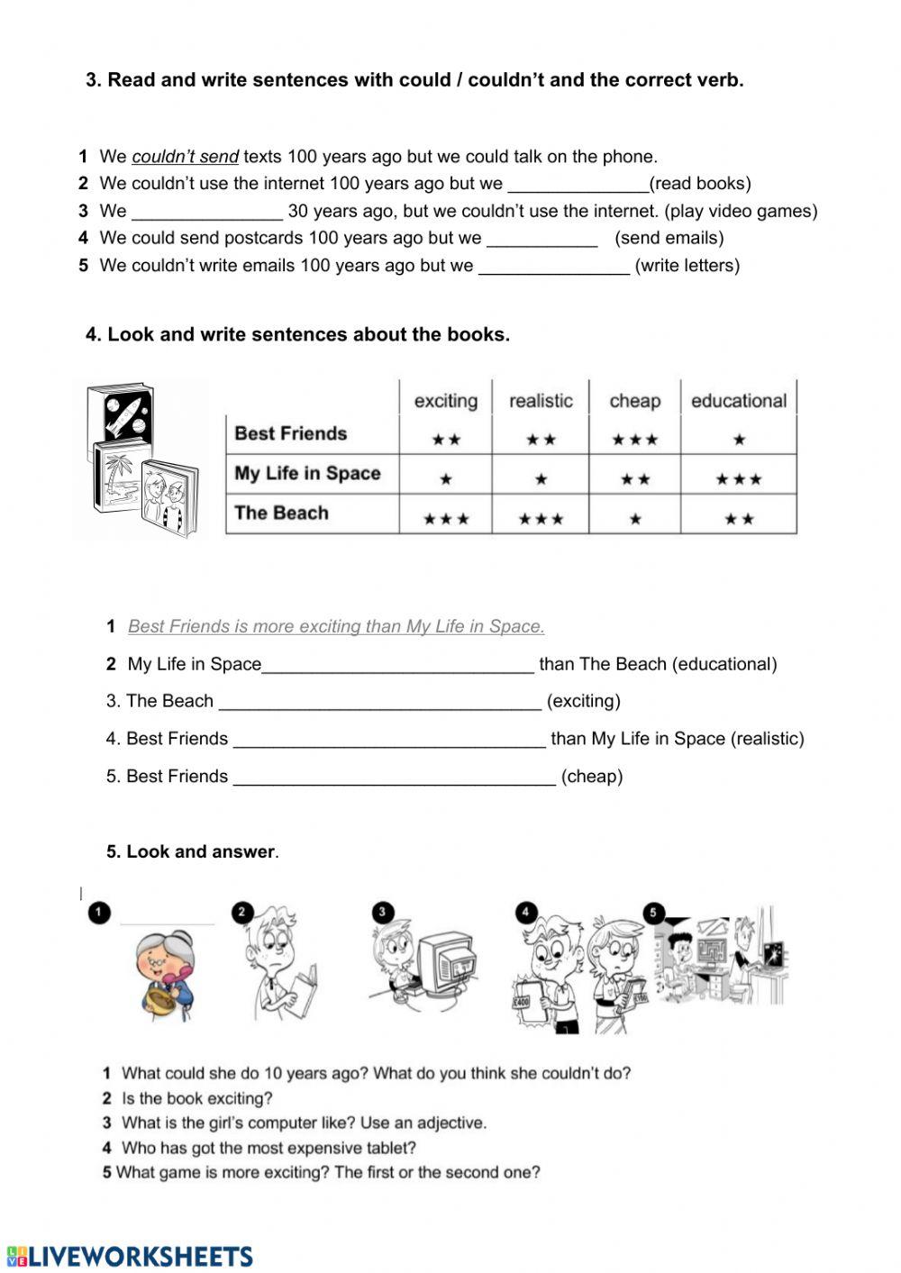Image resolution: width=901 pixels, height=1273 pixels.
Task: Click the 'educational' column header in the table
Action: point(738,401)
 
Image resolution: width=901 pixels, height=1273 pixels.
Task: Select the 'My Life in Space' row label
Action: point(307,474)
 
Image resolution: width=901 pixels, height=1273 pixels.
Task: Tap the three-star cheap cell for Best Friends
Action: point(634,440)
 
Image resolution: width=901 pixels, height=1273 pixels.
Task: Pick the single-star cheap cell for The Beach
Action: point(634,519)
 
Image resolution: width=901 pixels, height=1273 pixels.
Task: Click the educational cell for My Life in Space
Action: point(738,479)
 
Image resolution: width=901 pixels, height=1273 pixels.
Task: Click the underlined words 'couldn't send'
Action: point(185,157)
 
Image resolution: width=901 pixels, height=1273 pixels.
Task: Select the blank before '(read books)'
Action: point(578,185)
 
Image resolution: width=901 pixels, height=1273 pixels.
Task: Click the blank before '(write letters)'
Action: point(553,267)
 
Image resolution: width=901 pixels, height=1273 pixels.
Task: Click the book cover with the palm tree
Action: point(117,477)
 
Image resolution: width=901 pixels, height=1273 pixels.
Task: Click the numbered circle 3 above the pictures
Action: point(382,912)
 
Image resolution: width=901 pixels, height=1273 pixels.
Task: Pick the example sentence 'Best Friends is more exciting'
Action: point(336,626)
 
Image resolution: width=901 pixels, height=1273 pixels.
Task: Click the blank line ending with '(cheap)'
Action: point(394,777)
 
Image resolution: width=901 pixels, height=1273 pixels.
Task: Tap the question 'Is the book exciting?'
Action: point(196,1098)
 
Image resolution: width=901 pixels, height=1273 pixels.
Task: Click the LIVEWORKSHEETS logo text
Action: point(140,1257)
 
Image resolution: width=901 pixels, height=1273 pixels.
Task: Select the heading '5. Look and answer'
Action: point(191,851)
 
